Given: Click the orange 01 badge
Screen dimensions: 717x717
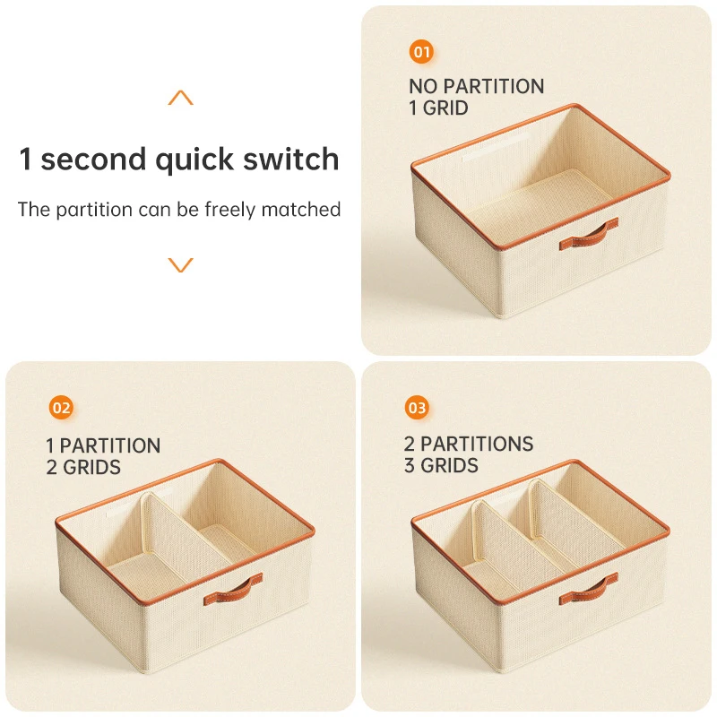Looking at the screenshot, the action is [x=421, y=52].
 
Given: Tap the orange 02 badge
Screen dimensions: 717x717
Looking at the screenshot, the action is [x=61, y=408].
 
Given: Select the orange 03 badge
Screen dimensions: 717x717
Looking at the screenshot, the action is [x=417, y=408].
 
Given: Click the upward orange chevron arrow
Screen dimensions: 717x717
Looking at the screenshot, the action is [x=181, y=98].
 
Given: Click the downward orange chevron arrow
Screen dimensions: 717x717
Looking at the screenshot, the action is [x=181, y=264].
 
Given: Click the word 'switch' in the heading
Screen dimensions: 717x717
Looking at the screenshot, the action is [x=290, y=159].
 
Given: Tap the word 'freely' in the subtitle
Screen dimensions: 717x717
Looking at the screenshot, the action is [x=230, y=210].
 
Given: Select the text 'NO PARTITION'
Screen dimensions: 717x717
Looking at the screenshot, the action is [x=477, y=86].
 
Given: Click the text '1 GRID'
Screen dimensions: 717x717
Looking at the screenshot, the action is [x=439, y=108].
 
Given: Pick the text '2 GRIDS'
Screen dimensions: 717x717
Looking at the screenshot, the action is [x=83, y=467].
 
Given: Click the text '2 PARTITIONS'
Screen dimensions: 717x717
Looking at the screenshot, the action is [x=469, y=444].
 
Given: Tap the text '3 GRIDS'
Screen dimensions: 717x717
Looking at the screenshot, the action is [x=441, y=465].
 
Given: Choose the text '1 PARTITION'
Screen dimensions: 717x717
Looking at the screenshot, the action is [x=103, y=445].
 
